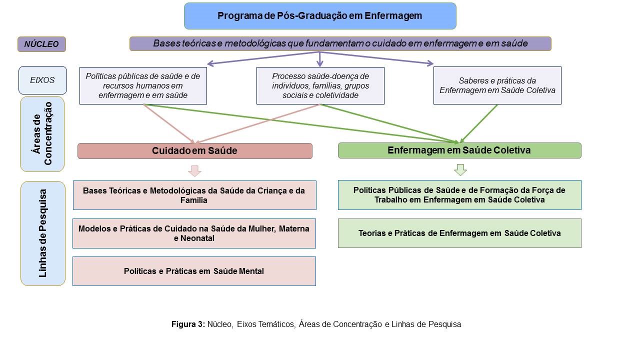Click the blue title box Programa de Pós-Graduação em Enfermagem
point(320,16)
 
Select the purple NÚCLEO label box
point(41,44)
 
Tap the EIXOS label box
point(42,80)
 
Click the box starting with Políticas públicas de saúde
point(143,85)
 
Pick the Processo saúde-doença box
point(320,85)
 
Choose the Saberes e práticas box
point(497,85)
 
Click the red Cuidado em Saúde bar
point(195,151)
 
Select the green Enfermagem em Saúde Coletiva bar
point(459,150)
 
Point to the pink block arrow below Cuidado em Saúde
point(194,171)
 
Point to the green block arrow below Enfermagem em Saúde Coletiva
point(460,169)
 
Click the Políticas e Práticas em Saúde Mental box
point(194,271)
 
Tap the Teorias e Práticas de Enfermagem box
point(459,233)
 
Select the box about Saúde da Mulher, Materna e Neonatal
point(194,233)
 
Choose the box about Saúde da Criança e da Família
point(194,195)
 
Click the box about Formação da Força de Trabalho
point(459,195)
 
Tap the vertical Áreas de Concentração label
point(42,134)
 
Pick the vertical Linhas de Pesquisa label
point(43,233)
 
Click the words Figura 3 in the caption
point(188,324)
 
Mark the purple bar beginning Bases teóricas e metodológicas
point(340,43)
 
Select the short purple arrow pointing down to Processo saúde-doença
point(319,59)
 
